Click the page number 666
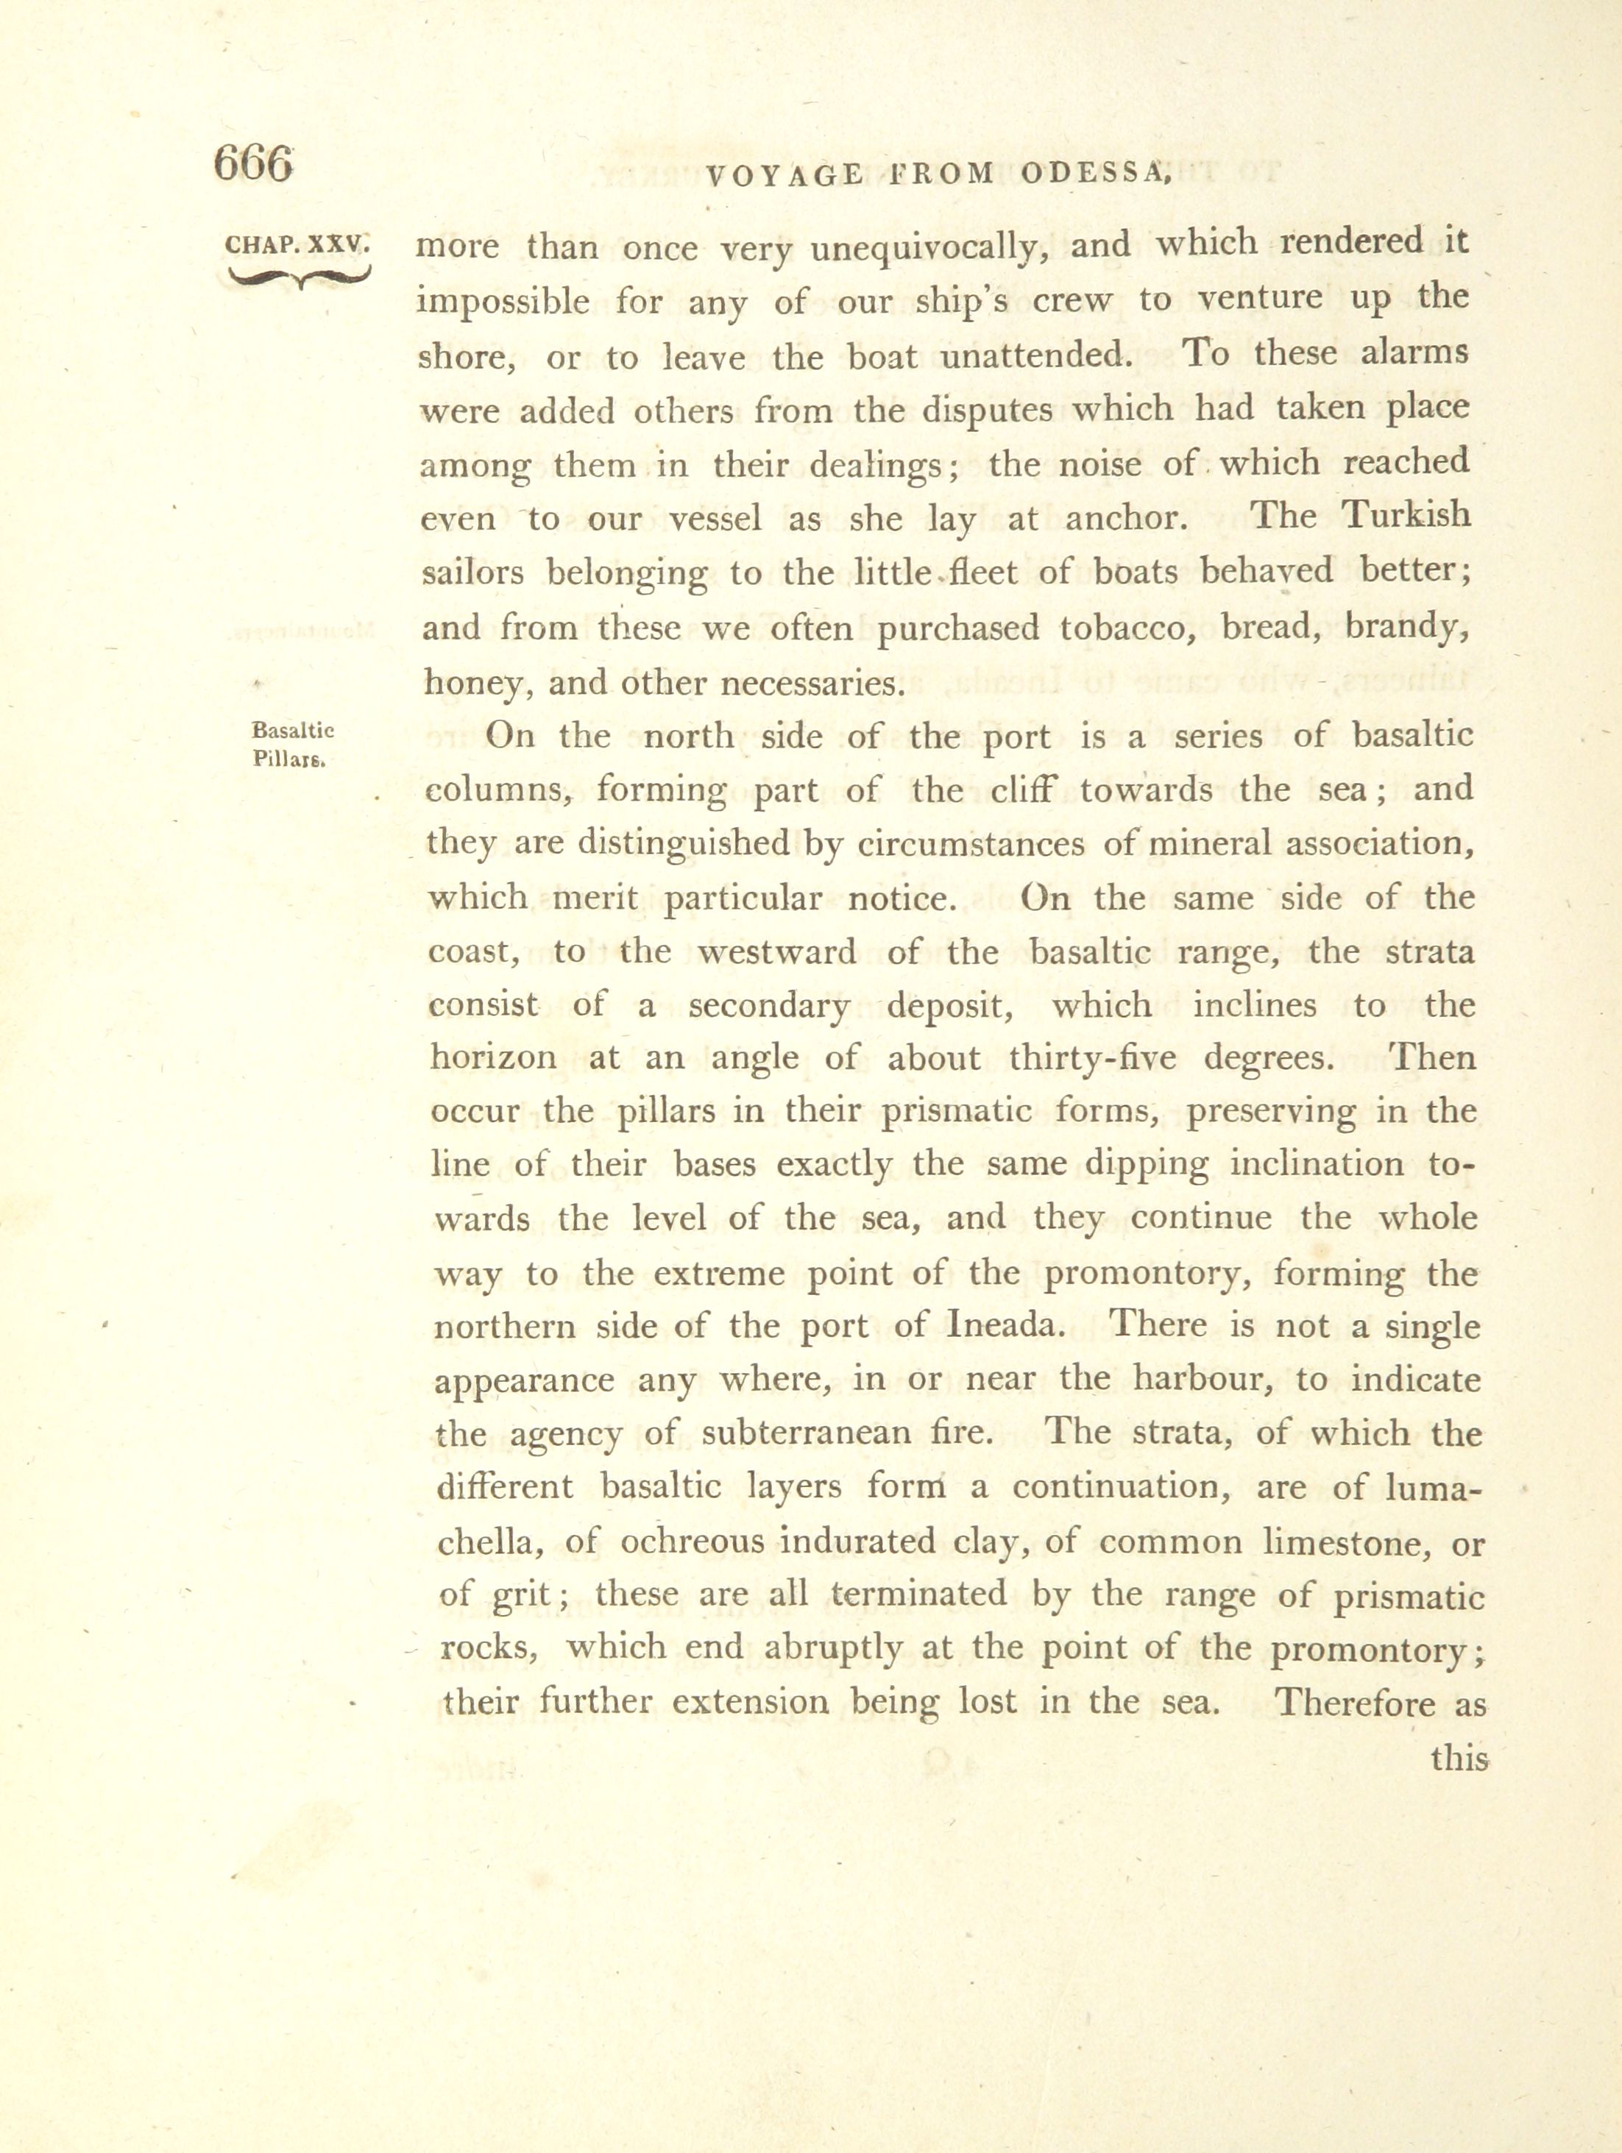[x=253, y=163]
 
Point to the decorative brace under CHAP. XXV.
[x=296, y=280]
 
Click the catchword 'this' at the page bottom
[x=1459, y=1758]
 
